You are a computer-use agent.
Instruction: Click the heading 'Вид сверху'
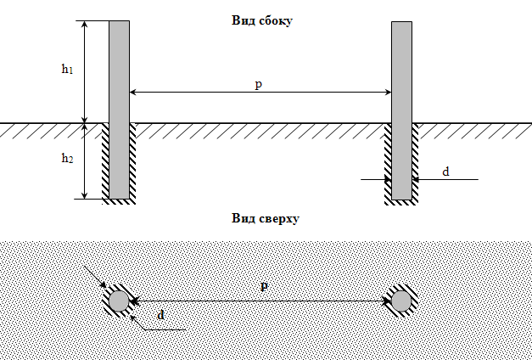tap(266, 218)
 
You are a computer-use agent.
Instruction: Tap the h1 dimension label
tap(67, 70)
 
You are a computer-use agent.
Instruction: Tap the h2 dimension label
tap(67, 158)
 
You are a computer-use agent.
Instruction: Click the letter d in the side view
tap(445, 172)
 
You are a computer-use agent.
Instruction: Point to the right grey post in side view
tap(401, 110)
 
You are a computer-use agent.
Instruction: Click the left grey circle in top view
tap(118, 301)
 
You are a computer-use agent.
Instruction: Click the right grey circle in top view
tap(400, 301)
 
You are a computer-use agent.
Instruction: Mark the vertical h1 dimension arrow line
tap(84, 71)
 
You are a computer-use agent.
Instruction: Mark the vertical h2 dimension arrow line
tap(84, 160)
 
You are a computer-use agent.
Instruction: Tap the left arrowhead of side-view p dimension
tap(133, 92)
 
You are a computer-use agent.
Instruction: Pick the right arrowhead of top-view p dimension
tap(385, 301)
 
